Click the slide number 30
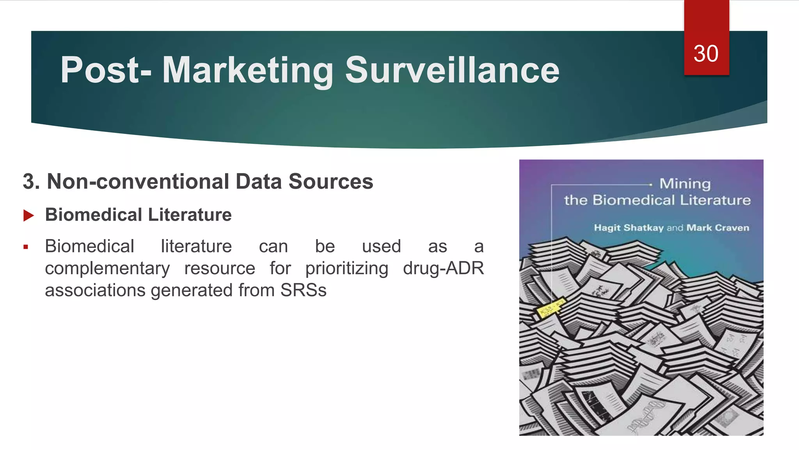[x=706, y=54]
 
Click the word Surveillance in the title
[x=452, y=70]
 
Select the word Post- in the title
[x=106, y=70]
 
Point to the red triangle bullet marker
[x=28, y=215]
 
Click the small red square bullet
[x=26, y=247]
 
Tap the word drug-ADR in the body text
[x=443, y=268]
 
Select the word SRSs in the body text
[x=303, y=290]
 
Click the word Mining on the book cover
[x=685, y=184]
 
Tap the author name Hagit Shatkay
[x=629, y=228]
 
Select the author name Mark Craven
[x=717, y=228]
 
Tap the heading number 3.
[x=31, y=182]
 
